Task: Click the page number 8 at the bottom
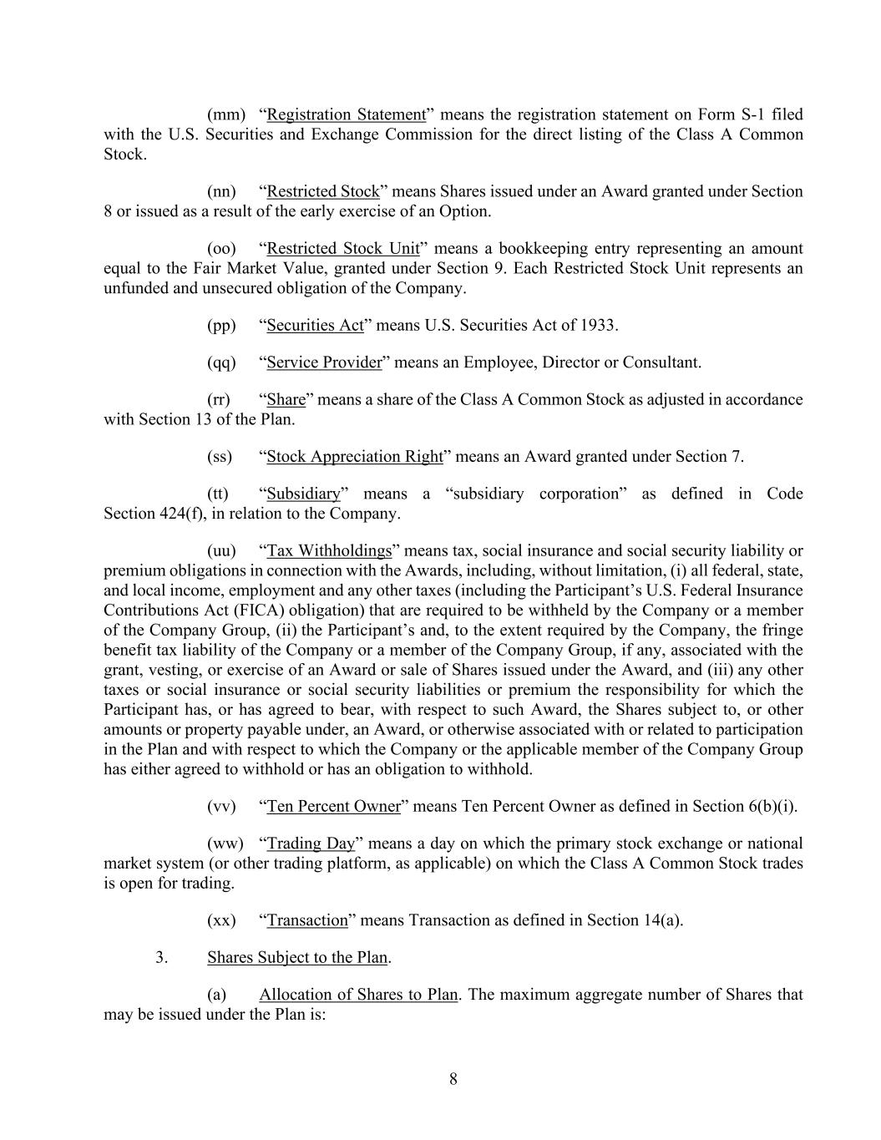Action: pyautogui.click(x=453, y=1079)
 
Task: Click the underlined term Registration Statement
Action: pyautogui.click(x=346, y=114)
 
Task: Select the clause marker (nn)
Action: pyautogui.click(x=221, y=191)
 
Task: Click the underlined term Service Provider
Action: pyautogui.click(x=324, y=362)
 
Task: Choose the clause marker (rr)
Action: pyautogui.click(x=219, y=399)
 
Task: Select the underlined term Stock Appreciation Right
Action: pyautogui.click(x=355, y=456)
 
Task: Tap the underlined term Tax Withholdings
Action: pyautogui.click(x=329, y=550)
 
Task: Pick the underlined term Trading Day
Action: pyautogui.click(x=311, y=844)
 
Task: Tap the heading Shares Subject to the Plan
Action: pyautogui.click(x=297, y=957)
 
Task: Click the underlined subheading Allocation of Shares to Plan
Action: pyautogui.click(x=358, y=995)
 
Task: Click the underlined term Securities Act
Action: pyautogui.click(x=315, y=325)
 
